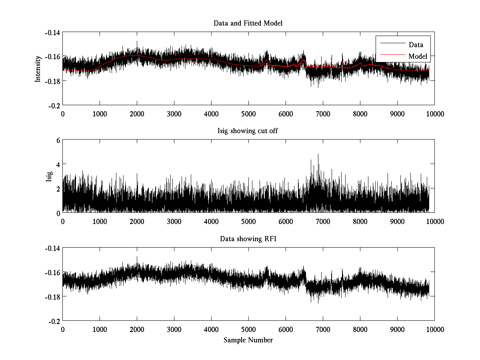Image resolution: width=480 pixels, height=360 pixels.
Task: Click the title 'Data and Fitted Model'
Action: pos(248,23)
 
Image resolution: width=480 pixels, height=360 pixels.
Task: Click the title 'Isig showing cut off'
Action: pos(248,131)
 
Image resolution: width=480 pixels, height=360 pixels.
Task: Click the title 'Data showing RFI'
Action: pos(248,239)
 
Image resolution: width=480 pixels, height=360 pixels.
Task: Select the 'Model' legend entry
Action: pos(418,57)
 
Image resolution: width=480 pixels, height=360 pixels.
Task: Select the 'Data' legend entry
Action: pos(416,45)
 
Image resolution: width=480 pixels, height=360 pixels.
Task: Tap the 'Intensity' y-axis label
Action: pos(38,68)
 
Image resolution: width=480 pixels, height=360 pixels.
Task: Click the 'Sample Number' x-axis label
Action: pos(248,340)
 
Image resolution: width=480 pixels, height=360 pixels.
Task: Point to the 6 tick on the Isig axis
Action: pos(58,140)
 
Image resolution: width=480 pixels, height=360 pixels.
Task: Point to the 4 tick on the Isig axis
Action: pos(58,164)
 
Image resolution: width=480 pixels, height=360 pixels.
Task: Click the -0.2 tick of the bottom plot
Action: pos(55,321)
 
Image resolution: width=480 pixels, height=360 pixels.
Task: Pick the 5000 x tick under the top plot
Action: pos(248,114)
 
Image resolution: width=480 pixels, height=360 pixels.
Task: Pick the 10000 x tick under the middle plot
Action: pos(434,222)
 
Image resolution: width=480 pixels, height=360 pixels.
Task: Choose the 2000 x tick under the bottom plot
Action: pos(137,330)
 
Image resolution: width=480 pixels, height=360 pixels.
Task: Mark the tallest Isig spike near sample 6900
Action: pos(318,154)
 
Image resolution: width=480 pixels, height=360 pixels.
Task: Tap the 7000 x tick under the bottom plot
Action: pos(323,330)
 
